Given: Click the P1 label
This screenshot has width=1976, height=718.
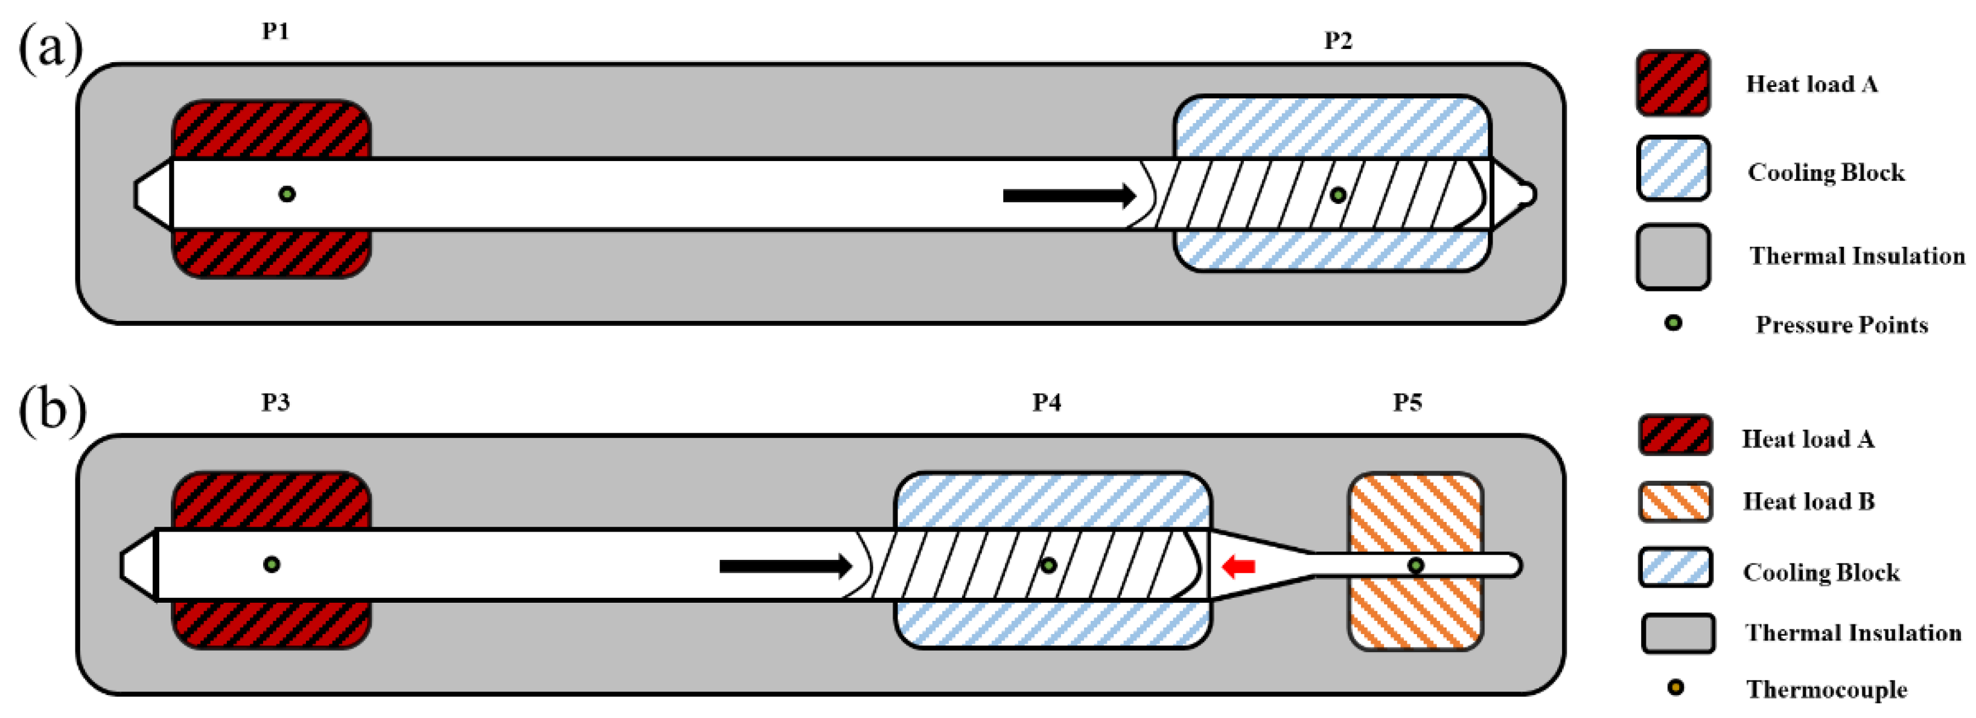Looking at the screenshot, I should [275, 31].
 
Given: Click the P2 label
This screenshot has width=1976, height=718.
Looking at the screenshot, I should [1338, 40].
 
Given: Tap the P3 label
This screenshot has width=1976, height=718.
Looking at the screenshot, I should [275, 402].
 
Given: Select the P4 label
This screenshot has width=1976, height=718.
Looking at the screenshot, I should [1047, 402].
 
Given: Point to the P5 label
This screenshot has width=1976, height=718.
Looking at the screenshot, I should [1407, 402].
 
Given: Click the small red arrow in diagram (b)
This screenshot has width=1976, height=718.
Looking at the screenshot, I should [1238, 567].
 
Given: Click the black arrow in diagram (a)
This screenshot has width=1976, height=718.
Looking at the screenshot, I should [1068, 195].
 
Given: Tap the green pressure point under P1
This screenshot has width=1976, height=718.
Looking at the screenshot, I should [287, 194].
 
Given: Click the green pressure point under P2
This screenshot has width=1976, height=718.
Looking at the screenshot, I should [1338, 195].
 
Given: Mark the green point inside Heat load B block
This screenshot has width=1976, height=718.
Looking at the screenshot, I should [1416, 565].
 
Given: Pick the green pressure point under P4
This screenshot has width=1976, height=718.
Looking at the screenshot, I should [1048, 565].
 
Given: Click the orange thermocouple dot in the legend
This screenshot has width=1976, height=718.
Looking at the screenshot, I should [1676, 687].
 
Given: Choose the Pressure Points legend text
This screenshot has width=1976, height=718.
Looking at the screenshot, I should [1841, 325].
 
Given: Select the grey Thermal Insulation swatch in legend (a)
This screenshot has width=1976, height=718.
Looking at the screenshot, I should [1673, 257].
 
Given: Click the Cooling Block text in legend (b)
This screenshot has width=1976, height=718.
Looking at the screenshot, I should [1821, 571].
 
